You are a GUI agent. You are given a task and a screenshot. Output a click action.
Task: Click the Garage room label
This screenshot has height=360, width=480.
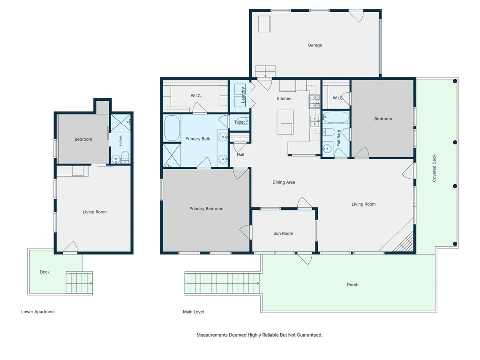[315, 45]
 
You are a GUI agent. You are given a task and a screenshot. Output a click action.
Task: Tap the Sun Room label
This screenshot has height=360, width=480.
[283, 233]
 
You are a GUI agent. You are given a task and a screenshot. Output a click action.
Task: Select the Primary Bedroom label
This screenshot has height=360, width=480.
[206, 209]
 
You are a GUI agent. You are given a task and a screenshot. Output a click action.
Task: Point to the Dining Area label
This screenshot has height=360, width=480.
[284, 182]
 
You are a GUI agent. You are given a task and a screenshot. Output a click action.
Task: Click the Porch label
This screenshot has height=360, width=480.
[352, 285]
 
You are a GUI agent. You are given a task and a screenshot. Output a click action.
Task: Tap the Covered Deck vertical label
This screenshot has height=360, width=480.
[434, 168]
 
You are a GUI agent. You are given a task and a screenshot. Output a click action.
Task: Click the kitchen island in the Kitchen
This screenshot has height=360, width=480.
[285, 122]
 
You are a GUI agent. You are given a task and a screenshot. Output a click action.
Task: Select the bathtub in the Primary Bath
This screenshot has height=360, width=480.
[172, 128]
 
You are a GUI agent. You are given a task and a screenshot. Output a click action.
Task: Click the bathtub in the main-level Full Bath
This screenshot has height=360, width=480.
[336, 118]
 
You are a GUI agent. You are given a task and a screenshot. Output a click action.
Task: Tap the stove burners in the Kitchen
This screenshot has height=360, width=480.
[315, 101]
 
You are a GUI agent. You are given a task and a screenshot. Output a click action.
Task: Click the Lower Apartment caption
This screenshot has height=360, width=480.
[38, 312]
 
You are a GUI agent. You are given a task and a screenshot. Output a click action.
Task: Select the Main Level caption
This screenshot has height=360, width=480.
[194, 312]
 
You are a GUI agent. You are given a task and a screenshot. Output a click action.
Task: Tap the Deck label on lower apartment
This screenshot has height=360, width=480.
[45, 272]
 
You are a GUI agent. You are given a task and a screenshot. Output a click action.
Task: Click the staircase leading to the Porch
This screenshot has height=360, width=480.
[222, 284]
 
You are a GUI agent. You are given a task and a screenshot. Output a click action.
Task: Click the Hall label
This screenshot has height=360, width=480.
[240, 155]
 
